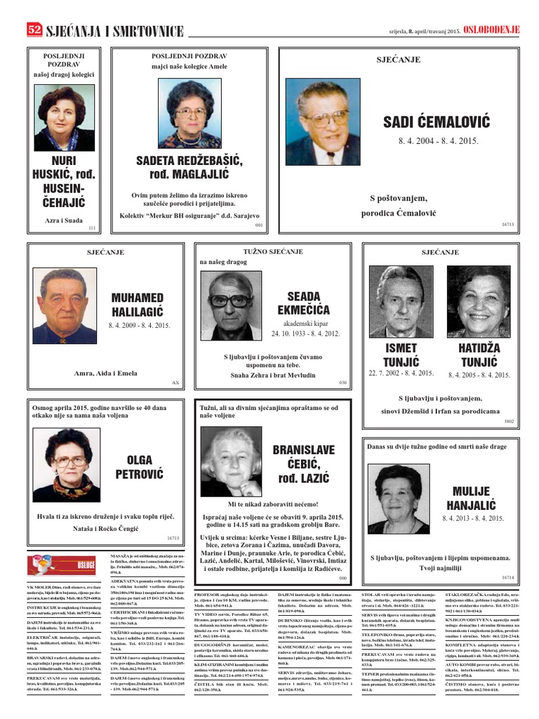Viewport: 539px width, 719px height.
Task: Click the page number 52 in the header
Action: point(34,29)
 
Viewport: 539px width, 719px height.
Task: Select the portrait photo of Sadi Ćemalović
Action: point(323,121)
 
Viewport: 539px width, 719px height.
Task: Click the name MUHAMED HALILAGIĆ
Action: point(137,305)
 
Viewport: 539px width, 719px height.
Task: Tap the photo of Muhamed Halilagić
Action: point(65,306)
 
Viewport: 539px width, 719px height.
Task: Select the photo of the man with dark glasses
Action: point(231,306)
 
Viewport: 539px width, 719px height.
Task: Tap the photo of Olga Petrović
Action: point(67,464)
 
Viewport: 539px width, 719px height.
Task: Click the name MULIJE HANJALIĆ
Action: point(473,498)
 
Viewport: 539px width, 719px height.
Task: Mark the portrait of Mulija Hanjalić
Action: point(398,499)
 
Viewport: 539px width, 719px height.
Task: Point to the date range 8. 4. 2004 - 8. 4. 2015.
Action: point(438,141)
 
